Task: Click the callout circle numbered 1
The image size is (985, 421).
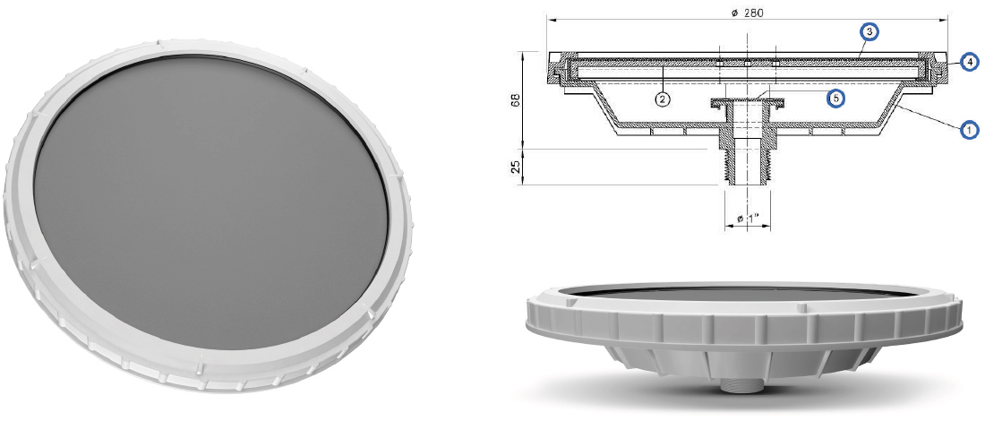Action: point(968,130)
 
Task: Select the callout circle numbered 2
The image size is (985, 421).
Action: point(662,99)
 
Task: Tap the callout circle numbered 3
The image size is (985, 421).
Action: point(868,32)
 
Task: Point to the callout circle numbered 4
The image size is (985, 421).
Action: point(968,62)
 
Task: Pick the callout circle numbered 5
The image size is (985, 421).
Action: point(835,99)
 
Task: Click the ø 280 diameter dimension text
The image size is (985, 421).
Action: point(746,12)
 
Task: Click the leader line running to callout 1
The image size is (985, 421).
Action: point(931,119)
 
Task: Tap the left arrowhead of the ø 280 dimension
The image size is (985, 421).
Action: point(549,19)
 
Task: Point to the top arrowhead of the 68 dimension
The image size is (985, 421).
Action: point(522,54)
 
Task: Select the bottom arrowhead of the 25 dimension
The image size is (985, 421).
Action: point(522,183)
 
